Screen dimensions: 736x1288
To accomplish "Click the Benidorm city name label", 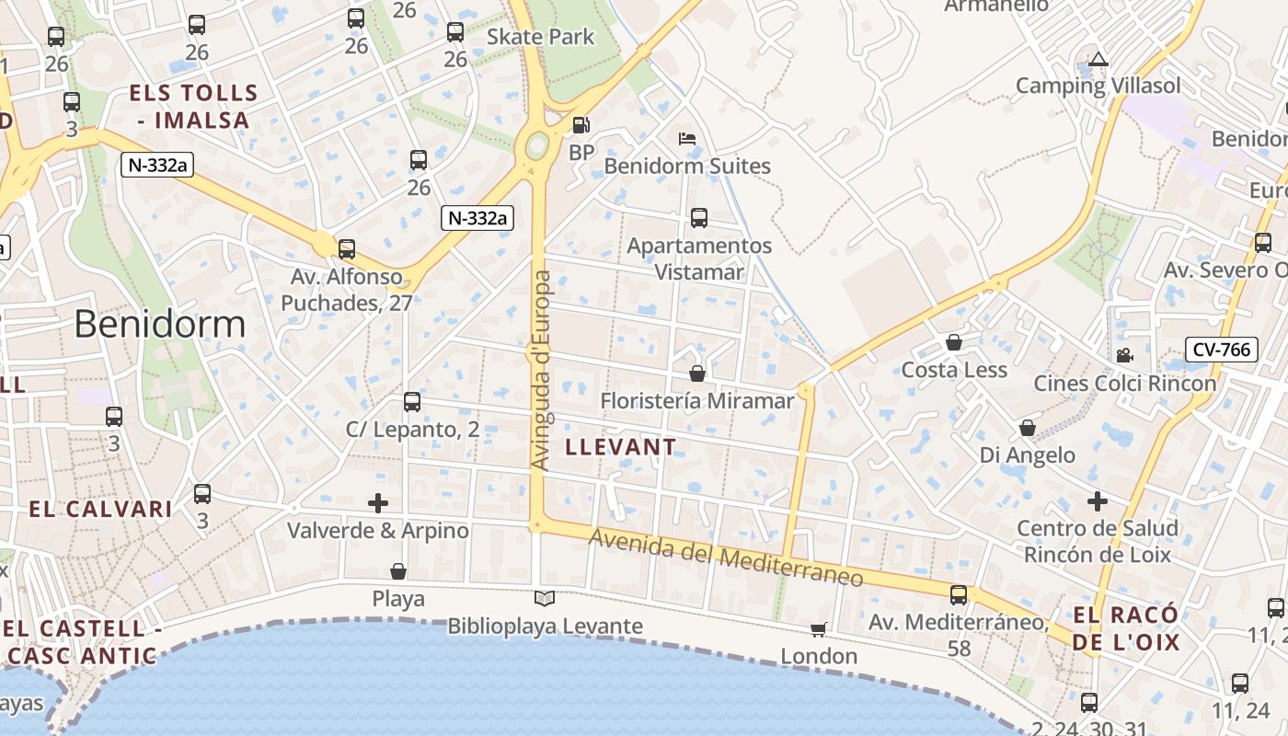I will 160,324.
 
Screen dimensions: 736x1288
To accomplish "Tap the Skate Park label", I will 540,37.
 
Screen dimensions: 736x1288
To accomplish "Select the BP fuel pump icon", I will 581,125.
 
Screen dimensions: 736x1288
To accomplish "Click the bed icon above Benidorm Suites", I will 686,140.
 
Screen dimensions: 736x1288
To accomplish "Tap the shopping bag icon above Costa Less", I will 954,343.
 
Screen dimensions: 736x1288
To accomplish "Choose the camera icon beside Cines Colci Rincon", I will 1123,355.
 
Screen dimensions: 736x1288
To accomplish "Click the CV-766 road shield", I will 1221,350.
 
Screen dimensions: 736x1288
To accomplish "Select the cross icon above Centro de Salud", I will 1097,501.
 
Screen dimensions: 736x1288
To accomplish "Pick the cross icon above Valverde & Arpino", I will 378,503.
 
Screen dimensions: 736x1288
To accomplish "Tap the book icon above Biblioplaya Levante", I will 545,599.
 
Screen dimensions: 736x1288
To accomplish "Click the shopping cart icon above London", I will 818,629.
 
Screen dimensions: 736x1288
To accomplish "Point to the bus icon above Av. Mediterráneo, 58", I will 959,595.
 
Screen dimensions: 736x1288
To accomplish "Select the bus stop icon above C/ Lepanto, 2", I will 412,402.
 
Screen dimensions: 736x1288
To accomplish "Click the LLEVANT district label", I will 621,447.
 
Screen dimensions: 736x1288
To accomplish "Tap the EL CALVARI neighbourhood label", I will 100,509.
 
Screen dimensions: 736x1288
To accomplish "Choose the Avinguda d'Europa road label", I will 542,370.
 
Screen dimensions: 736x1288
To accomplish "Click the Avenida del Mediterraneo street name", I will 726,557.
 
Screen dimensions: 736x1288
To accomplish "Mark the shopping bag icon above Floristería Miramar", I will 697,374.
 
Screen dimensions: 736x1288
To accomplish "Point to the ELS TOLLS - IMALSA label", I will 193,106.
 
